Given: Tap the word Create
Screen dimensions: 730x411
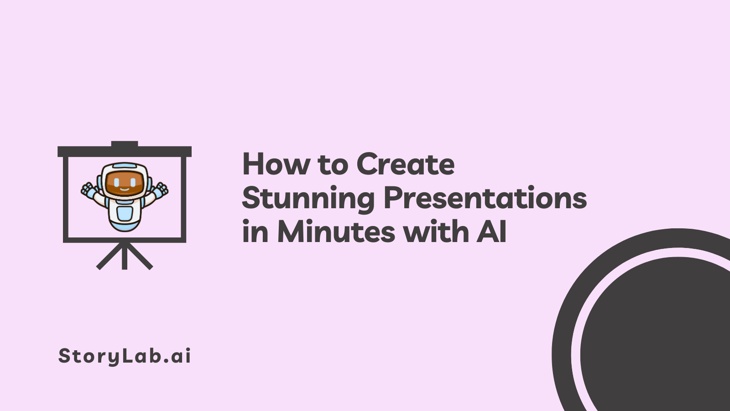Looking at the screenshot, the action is click(406, 164).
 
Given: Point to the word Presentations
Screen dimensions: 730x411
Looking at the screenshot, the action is click(485, 198).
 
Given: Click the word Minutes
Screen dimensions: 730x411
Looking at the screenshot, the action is click(336, 232).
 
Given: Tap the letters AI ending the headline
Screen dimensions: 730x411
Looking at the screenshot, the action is click(492, 232).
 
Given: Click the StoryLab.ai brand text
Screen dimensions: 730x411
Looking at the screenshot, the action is click(125, 356).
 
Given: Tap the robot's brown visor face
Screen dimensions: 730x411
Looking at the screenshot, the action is click(125, 184).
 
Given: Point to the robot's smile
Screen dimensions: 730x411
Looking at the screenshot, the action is click(125, 189).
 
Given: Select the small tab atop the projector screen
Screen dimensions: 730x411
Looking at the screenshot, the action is click(125, 144).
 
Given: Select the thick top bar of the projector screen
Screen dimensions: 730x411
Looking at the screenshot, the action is click(125, 152).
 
